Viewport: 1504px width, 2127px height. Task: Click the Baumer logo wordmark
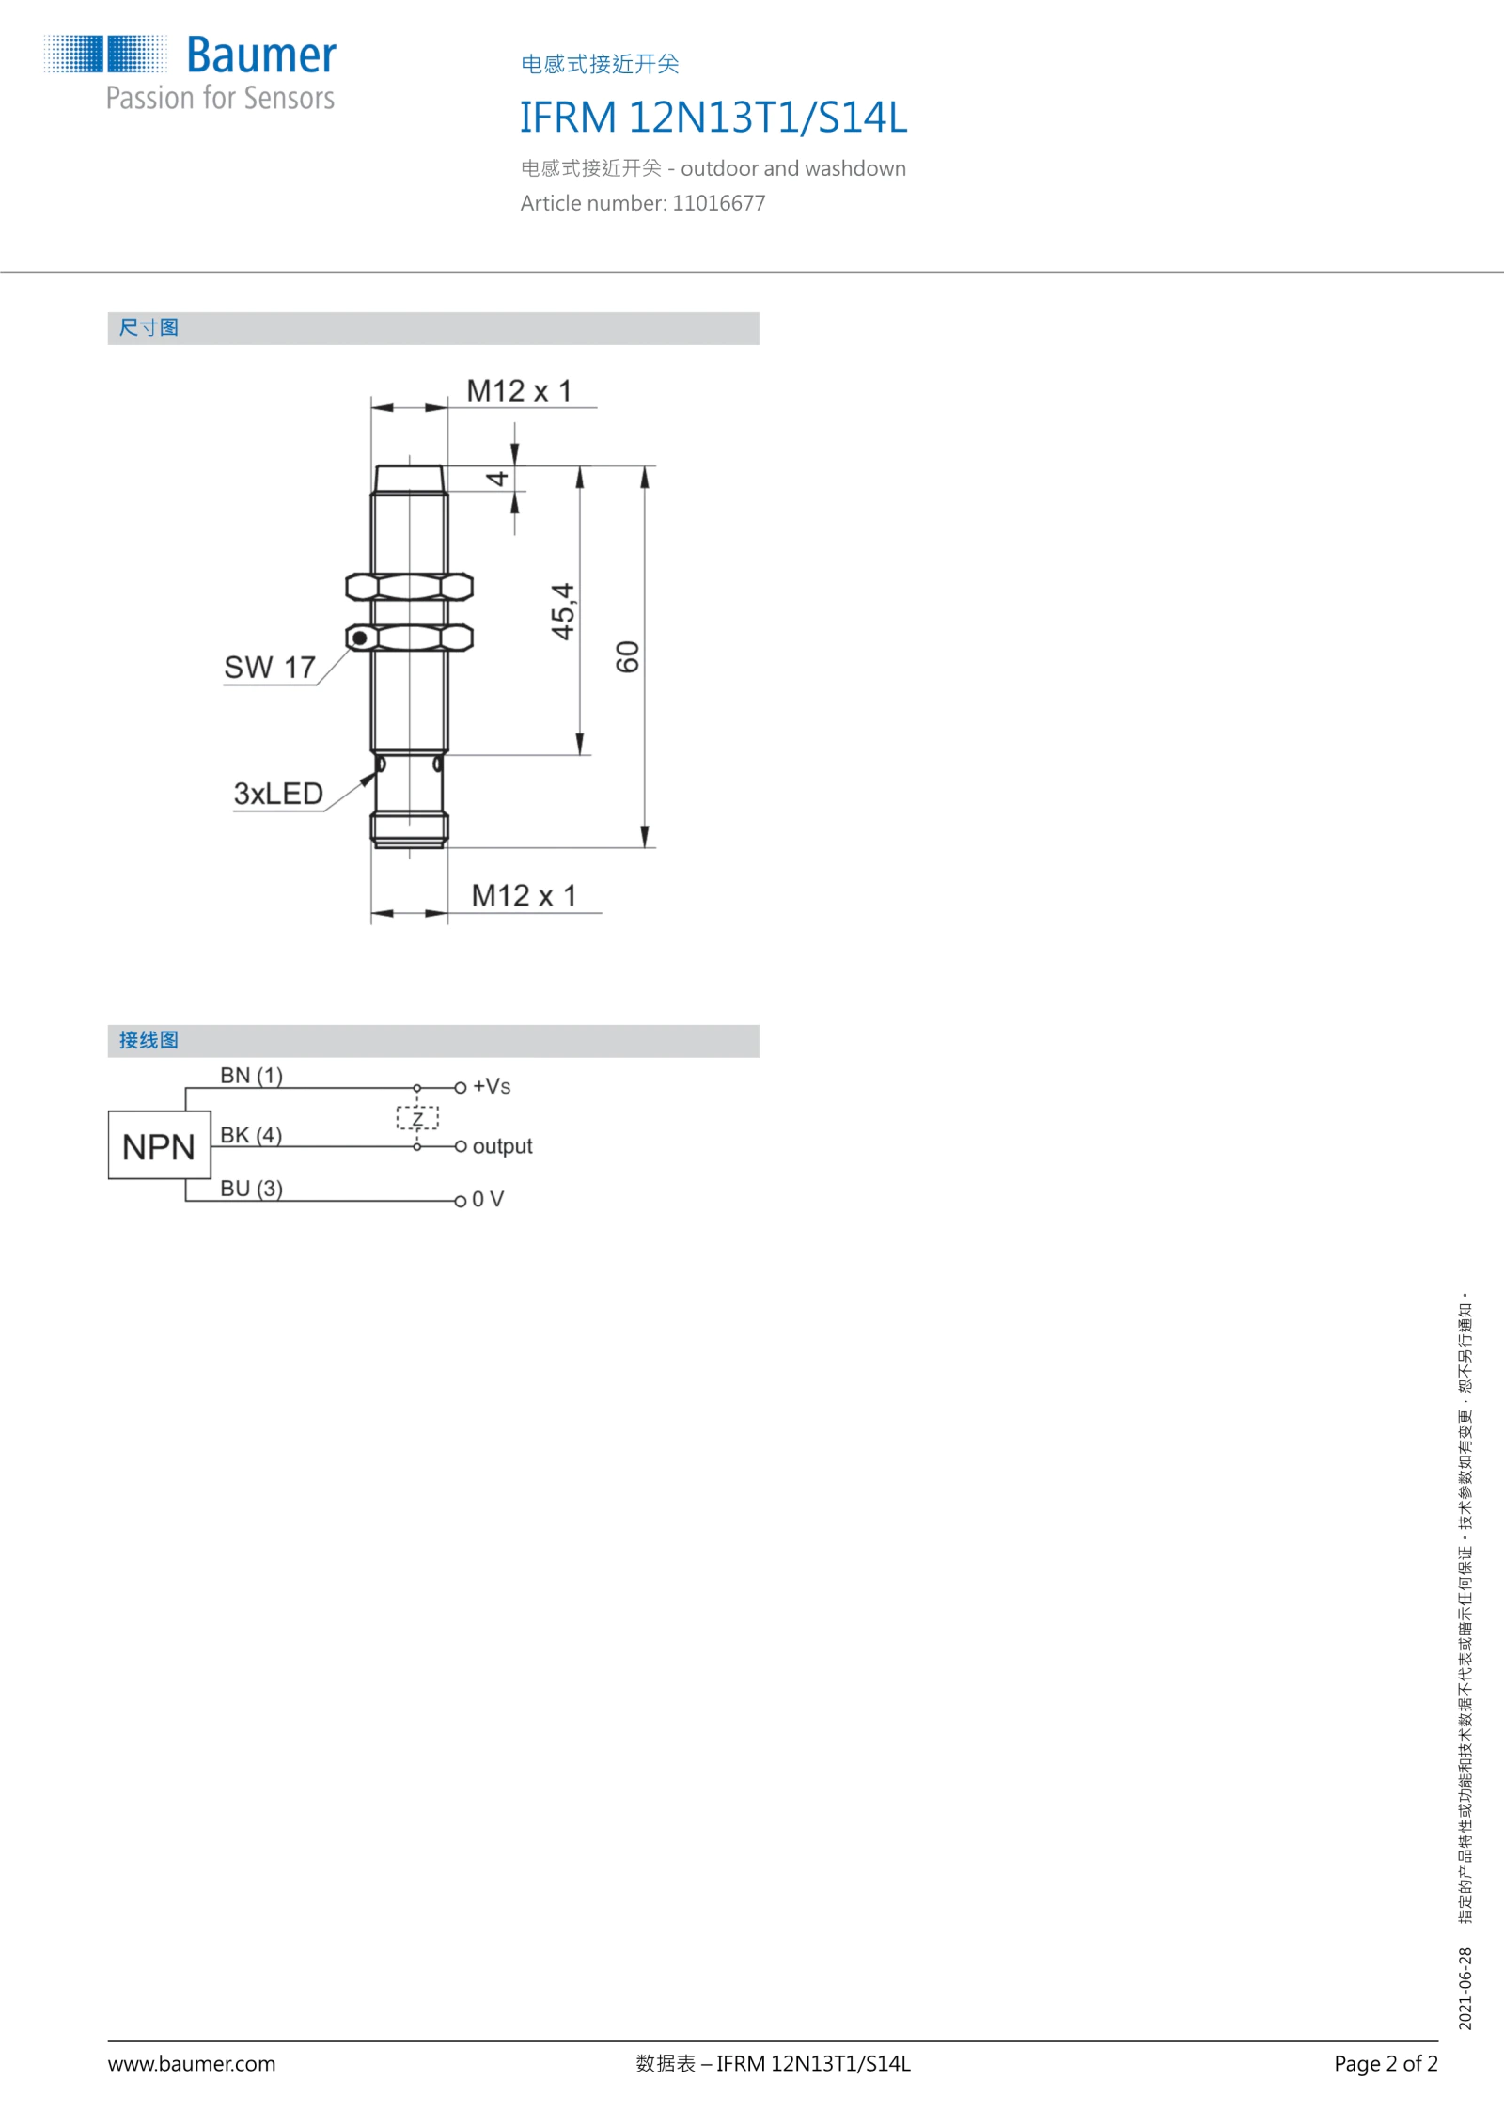pos(261,55)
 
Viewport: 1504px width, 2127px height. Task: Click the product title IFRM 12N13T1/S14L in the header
pos(713,118)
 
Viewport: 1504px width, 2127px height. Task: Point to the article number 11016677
pos(719,203)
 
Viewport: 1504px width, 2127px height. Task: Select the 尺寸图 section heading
pos(149,327)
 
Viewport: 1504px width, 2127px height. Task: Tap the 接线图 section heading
pos(149,1040)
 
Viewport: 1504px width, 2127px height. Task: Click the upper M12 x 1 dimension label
pos(519,390)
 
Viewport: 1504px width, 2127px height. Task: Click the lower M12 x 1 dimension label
pos(524,895)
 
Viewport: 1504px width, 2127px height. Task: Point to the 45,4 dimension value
pos(562,611)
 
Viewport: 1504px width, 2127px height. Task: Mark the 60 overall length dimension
pos(627,656)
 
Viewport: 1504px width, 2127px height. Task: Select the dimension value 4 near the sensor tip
pos(496,479)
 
